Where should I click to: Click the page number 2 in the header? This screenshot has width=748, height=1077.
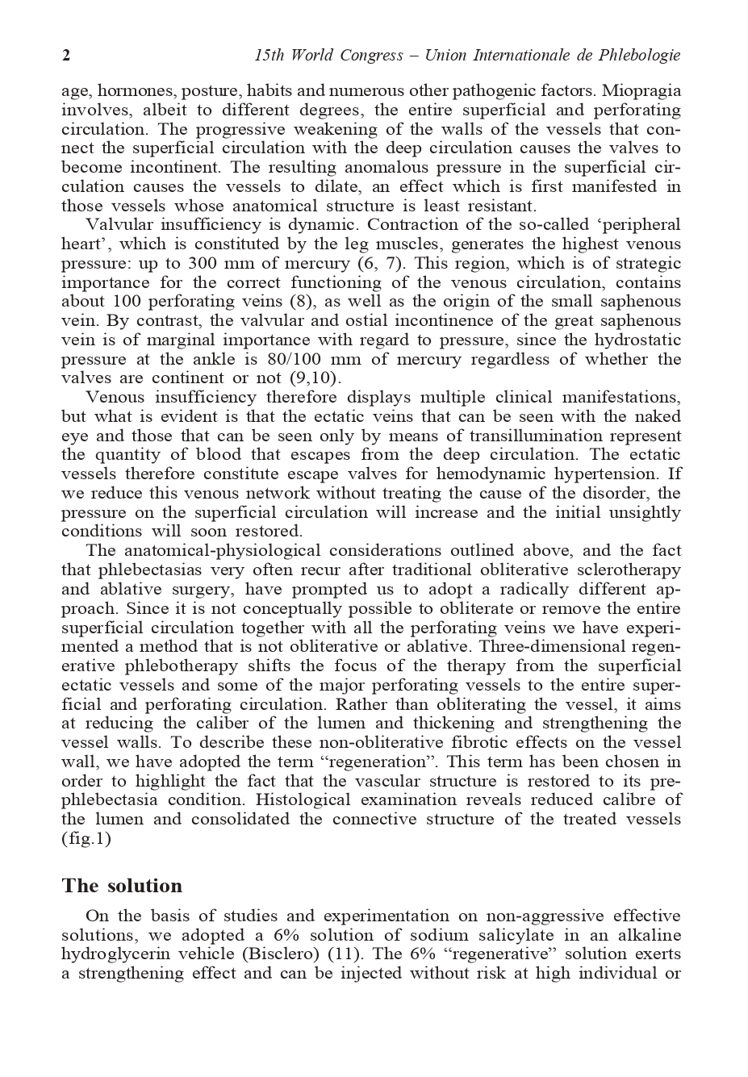pyautogui.click(x=66, y=56)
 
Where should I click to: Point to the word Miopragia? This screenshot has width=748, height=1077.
pyautogui.click(x=641, y=90)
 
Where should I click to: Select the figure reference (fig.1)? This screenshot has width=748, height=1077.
pyautogui.click(x=86, y=838)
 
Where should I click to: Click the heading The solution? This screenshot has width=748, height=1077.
pyautogui.click(x=122, y=886)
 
